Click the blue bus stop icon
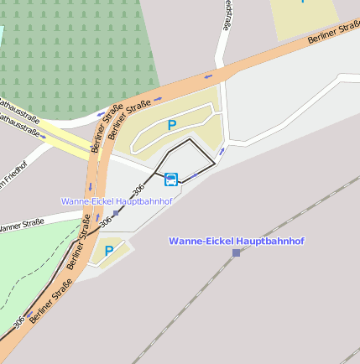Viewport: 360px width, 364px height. pos(171,178)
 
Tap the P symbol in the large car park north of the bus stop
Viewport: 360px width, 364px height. pos(172,126)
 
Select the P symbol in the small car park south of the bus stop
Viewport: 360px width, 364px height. pos(108,251)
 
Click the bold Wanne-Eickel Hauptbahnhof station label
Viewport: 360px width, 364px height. pos(236,241)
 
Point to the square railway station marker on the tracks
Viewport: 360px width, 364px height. pos(236,252)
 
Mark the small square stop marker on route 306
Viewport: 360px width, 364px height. pos(116,213)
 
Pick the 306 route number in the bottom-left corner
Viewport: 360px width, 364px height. pos(18,321)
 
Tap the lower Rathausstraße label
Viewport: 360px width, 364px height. pos(19,125)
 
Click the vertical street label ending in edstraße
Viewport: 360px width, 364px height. pos(227,15)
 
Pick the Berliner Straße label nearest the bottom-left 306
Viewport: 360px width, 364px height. pos(50,303)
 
